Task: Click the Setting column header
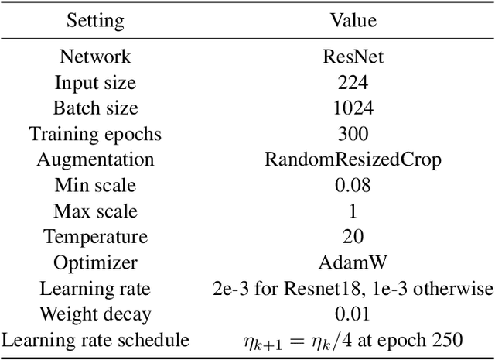(x=95, y=19)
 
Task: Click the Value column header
(x=353, y=19)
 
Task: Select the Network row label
(x=95, y=57)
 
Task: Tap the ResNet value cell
(x=353, y=57)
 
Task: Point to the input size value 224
(x=353, y=82)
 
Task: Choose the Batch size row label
(x=95, y=108)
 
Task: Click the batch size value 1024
(x=353, y=108)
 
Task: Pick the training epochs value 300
(x=353, y=134)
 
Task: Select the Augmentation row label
(x=95, y=159)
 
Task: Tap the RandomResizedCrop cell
(x=353, y=159)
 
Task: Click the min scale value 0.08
(x=353, y=185)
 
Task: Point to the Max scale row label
(x=95, y=211)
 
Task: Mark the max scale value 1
(x=353, y=211)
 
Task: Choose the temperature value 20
(x=353, y=237)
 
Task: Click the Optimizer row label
(x=95, y=262)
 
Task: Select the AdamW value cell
(x=353, y=262)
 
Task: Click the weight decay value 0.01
(x=353, y=314)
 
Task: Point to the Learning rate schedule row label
(x=95, y=340)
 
